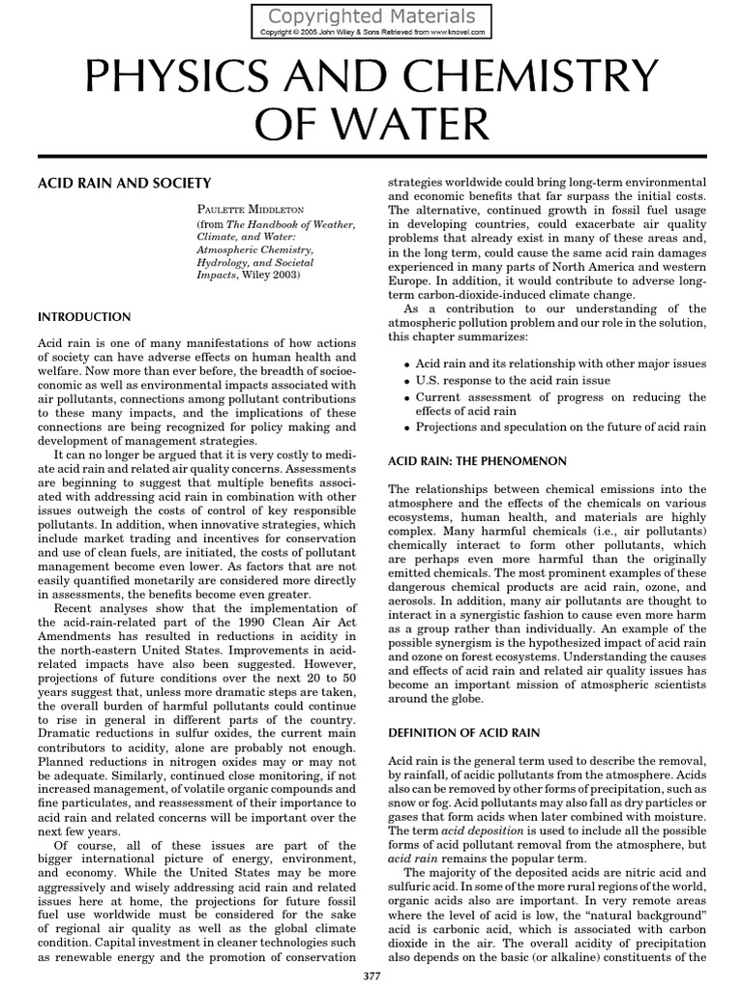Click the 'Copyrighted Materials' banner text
(x=371, y=16)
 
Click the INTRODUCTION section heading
(x=83, y=316)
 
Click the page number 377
(x=371, y=977)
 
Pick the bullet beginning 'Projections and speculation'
(x=560, y=427)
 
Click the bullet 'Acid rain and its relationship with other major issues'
(x=560, y=364)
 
